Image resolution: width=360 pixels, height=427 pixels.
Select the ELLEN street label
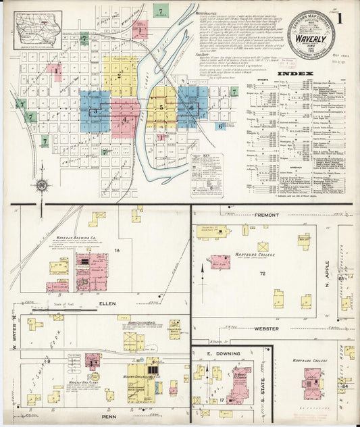[107, 304]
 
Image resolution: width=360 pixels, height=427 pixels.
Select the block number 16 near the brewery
[116, 250]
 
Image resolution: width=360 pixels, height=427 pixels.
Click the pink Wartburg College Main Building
[220, 261]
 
